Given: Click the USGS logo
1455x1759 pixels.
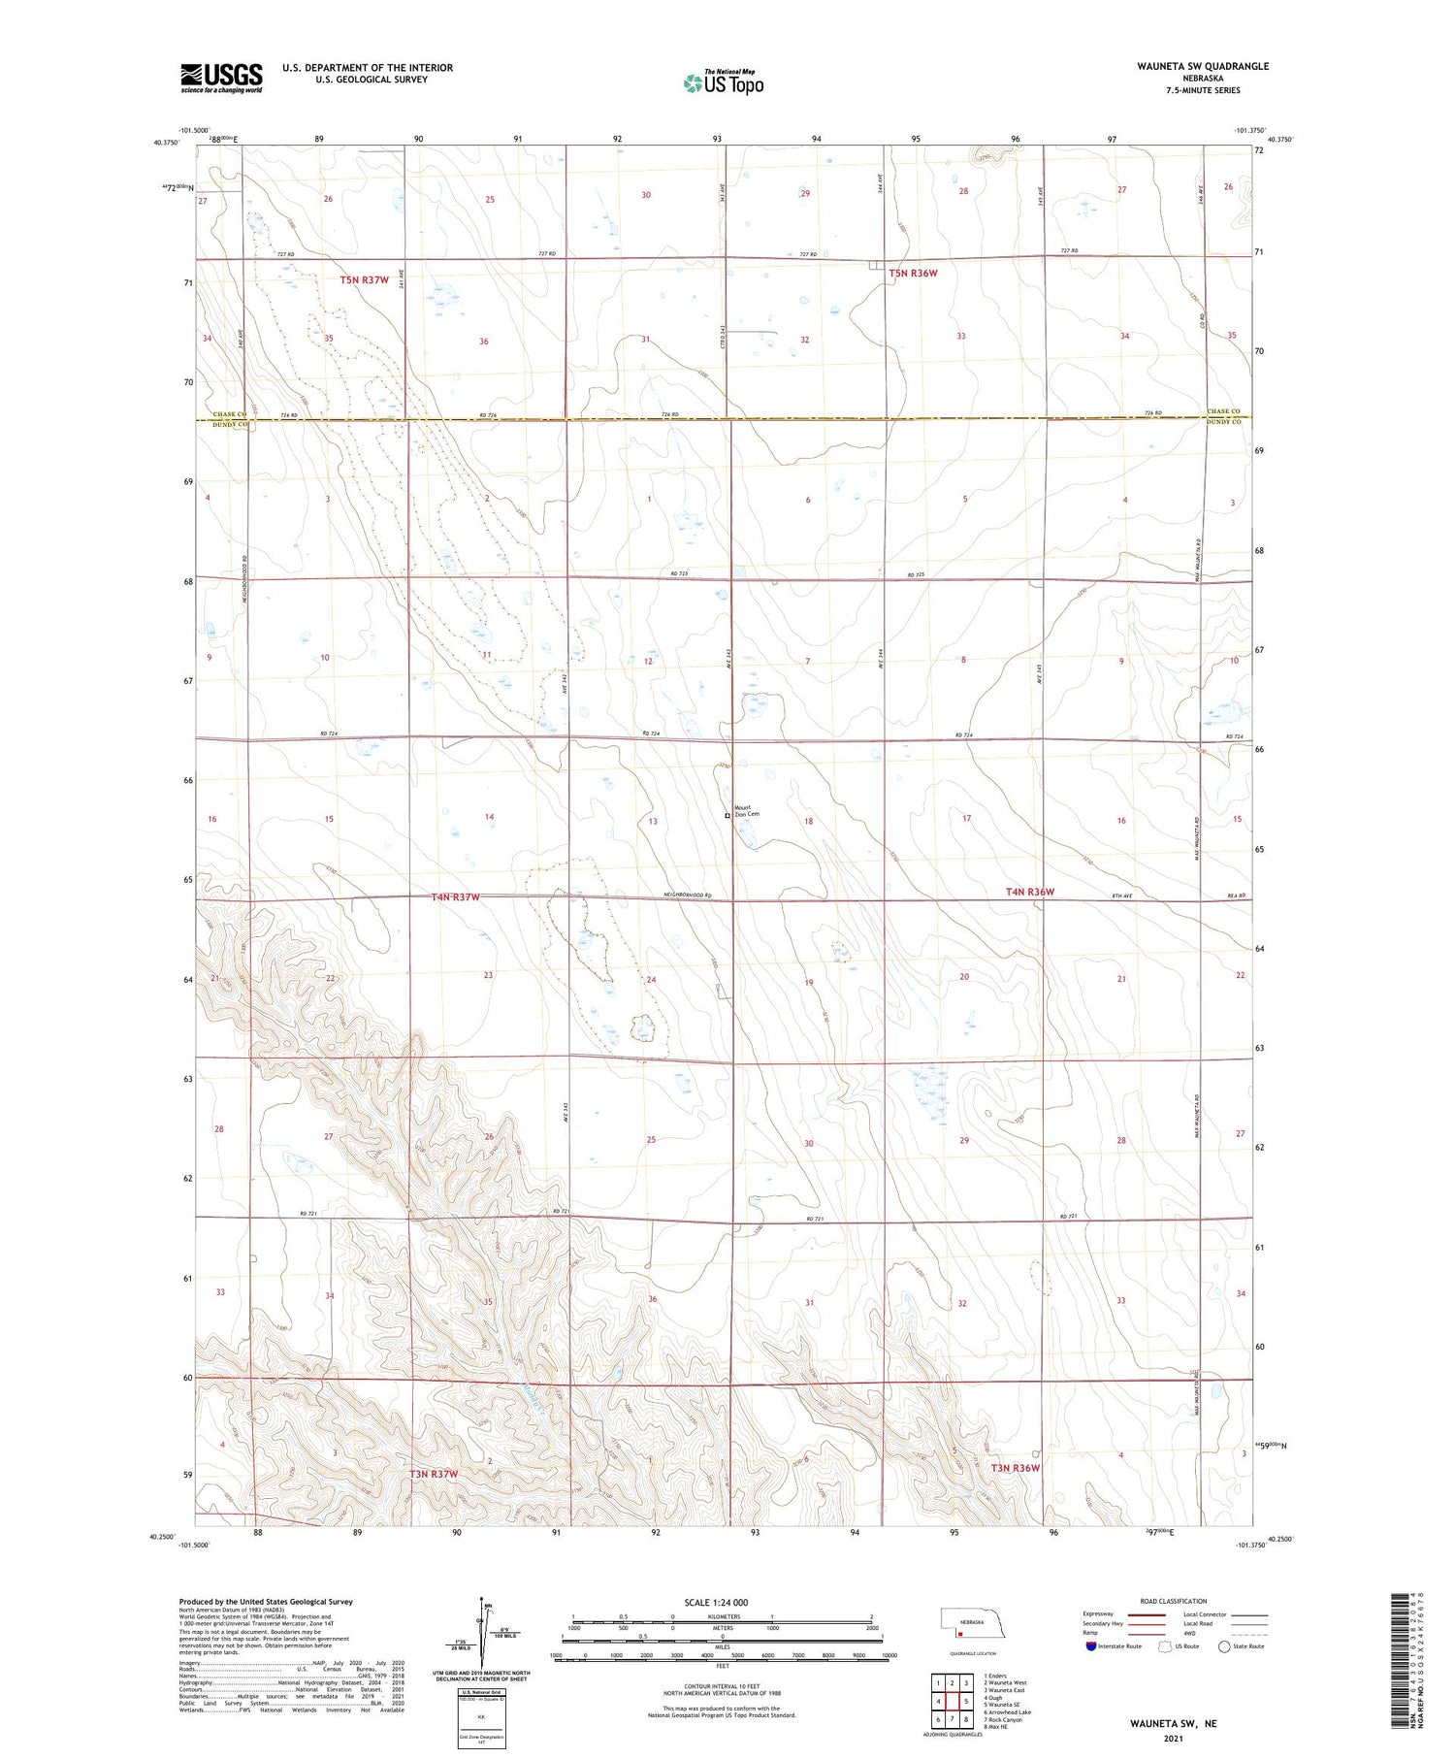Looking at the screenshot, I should [221, 78].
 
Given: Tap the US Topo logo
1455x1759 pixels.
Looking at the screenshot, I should [724, 83].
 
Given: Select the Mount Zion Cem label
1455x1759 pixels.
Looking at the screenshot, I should [746, 810].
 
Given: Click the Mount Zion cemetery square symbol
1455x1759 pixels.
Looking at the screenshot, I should [727, 816].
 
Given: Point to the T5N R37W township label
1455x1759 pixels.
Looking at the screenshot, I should [364, 280].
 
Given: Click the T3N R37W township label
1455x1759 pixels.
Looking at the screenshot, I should [433, 1474].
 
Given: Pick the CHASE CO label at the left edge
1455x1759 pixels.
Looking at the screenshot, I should [221, 414].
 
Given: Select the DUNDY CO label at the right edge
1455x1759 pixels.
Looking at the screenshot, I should [1223, 422].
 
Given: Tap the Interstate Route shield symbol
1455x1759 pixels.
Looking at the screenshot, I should [1091, 1645].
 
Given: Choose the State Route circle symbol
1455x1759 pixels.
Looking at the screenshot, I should [1224, 1645].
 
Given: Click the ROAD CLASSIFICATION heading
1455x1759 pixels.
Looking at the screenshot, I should [1173, 1601].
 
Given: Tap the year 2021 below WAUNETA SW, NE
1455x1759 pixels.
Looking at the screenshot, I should [1173, 1738].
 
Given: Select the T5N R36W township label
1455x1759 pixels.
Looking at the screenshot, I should [913, 274].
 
